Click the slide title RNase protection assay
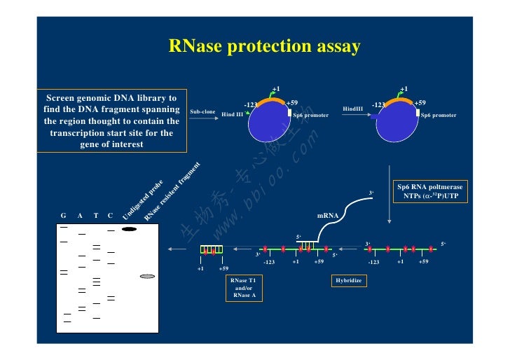264,47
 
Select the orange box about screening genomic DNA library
112,120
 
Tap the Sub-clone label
202,111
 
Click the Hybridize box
348,280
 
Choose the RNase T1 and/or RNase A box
244,287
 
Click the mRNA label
328,216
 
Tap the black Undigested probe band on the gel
129,228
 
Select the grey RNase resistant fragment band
147,276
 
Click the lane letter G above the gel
64,215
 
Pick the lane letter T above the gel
95,215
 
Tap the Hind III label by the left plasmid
232,114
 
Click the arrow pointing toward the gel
176,249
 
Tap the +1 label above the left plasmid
276,89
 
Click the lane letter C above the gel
110,215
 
